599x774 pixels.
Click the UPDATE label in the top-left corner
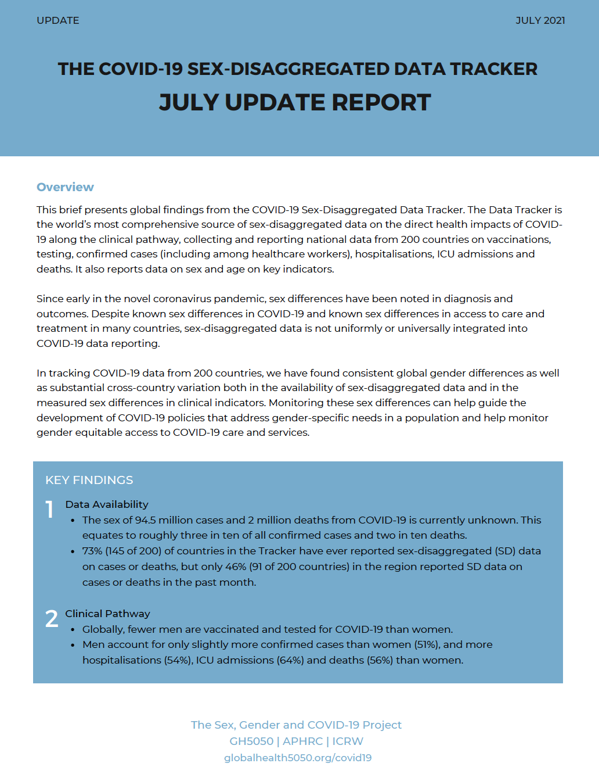click(x=57, y=20)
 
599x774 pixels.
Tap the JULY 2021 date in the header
click(x=540, y=20)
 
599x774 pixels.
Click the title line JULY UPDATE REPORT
click(x=295, y=102)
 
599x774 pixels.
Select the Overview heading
click(x=65, y=187)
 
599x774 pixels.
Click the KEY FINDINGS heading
click(x=89, y=480)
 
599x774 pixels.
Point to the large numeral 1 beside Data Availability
click(x=50, y=510)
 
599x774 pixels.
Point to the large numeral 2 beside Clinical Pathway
click(x=52, y=619)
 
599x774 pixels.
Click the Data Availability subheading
click(x=107, y=504)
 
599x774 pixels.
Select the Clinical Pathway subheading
click(x=107, y=614)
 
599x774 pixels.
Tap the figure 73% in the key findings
click(x=92, y=551)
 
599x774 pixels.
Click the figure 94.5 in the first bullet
click(x=145, y=520)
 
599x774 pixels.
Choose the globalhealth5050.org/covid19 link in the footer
click(x=298, y=758)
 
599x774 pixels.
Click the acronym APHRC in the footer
click(x=302, y=741)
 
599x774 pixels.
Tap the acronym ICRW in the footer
click(x=348, y=741)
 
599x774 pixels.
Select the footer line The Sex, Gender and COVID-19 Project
click(x=296, y=725)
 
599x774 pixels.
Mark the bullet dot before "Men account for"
click(x=73, y=645)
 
